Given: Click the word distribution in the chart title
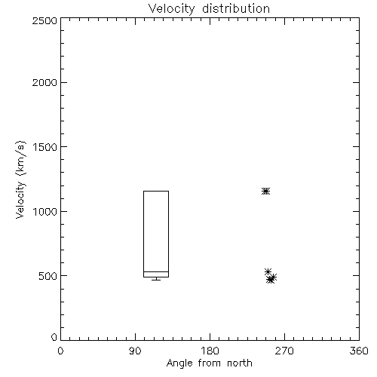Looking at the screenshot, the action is pyautogui.click(x=236, y=9).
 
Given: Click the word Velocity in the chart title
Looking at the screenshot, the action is pyautogui.click(x=172, y=9).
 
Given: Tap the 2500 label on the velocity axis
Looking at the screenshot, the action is pyautogui.click(x=44, y=20).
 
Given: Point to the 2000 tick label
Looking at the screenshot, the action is pyautogui.click(x=44, y=83).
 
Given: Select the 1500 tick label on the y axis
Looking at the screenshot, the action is pyautogui.click(x=45, y=147).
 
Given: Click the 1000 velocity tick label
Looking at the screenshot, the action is pyautogui.click(x=45, y=212).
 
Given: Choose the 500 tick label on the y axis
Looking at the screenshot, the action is pyautogui.click(x=48, y=276).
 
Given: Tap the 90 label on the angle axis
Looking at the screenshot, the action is pyautogui.click(x=135, y=351).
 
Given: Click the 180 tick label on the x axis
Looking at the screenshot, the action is pyautogui.click(x=210, y=351).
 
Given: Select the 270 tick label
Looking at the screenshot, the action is pyautogui.click(x=284, y=351).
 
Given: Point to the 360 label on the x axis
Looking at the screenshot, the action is pyautogui.click(x=359, y=351).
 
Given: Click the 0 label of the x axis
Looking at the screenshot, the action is pyautogui.click(x=60, y=351).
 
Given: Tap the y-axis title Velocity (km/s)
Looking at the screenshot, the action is pyautogui.click(x=20, y=179).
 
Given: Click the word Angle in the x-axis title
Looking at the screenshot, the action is pyautogui.click(x=179, y=363).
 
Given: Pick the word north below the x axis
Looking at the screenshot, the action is pyautogui.click(x=240, y=363).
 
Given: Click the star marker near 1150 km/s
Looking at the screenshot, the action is pyautogui.click(x=265, y=192).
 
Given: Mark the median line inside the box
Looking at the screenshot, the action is pyautogui.click(x=156, y=271).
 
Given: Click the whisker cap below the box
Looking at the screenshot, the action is pyautogui.click(x=156, y=280).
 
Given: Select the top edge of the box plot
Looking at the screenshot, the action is pyautogui.click(x=156, y=191).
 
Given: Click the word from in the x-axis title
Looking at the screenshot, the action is pyautogui.click(x=210, y=363).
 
